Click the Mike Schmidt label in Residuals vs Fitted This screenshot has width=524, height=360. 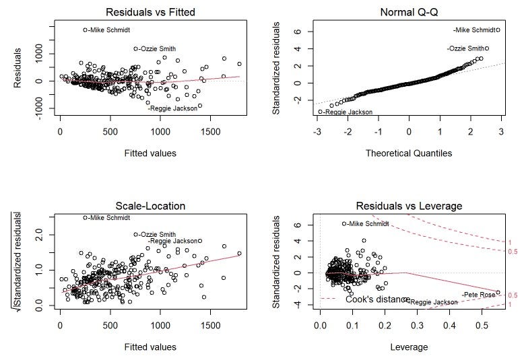tap(110, 30)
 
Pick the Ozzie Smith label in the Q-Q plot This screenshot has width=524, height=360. tap(465, 48)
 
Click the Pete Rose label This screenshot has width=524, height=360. tap(478, 295)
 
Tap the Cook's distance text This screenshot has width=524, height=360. tap(376, 299)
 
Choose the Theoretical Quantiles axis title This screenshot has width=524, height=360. tap(409, 153)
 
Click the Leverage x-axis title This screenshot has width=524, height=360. tap(409, 347)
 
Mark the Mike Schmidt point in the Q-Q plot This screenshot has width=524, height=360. tap(497, 30)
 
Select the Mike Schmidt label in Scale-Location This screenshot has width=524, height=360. tap(110, 217)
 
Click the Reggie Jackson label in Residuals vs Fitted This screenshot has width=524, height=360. tap(172, 108)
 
